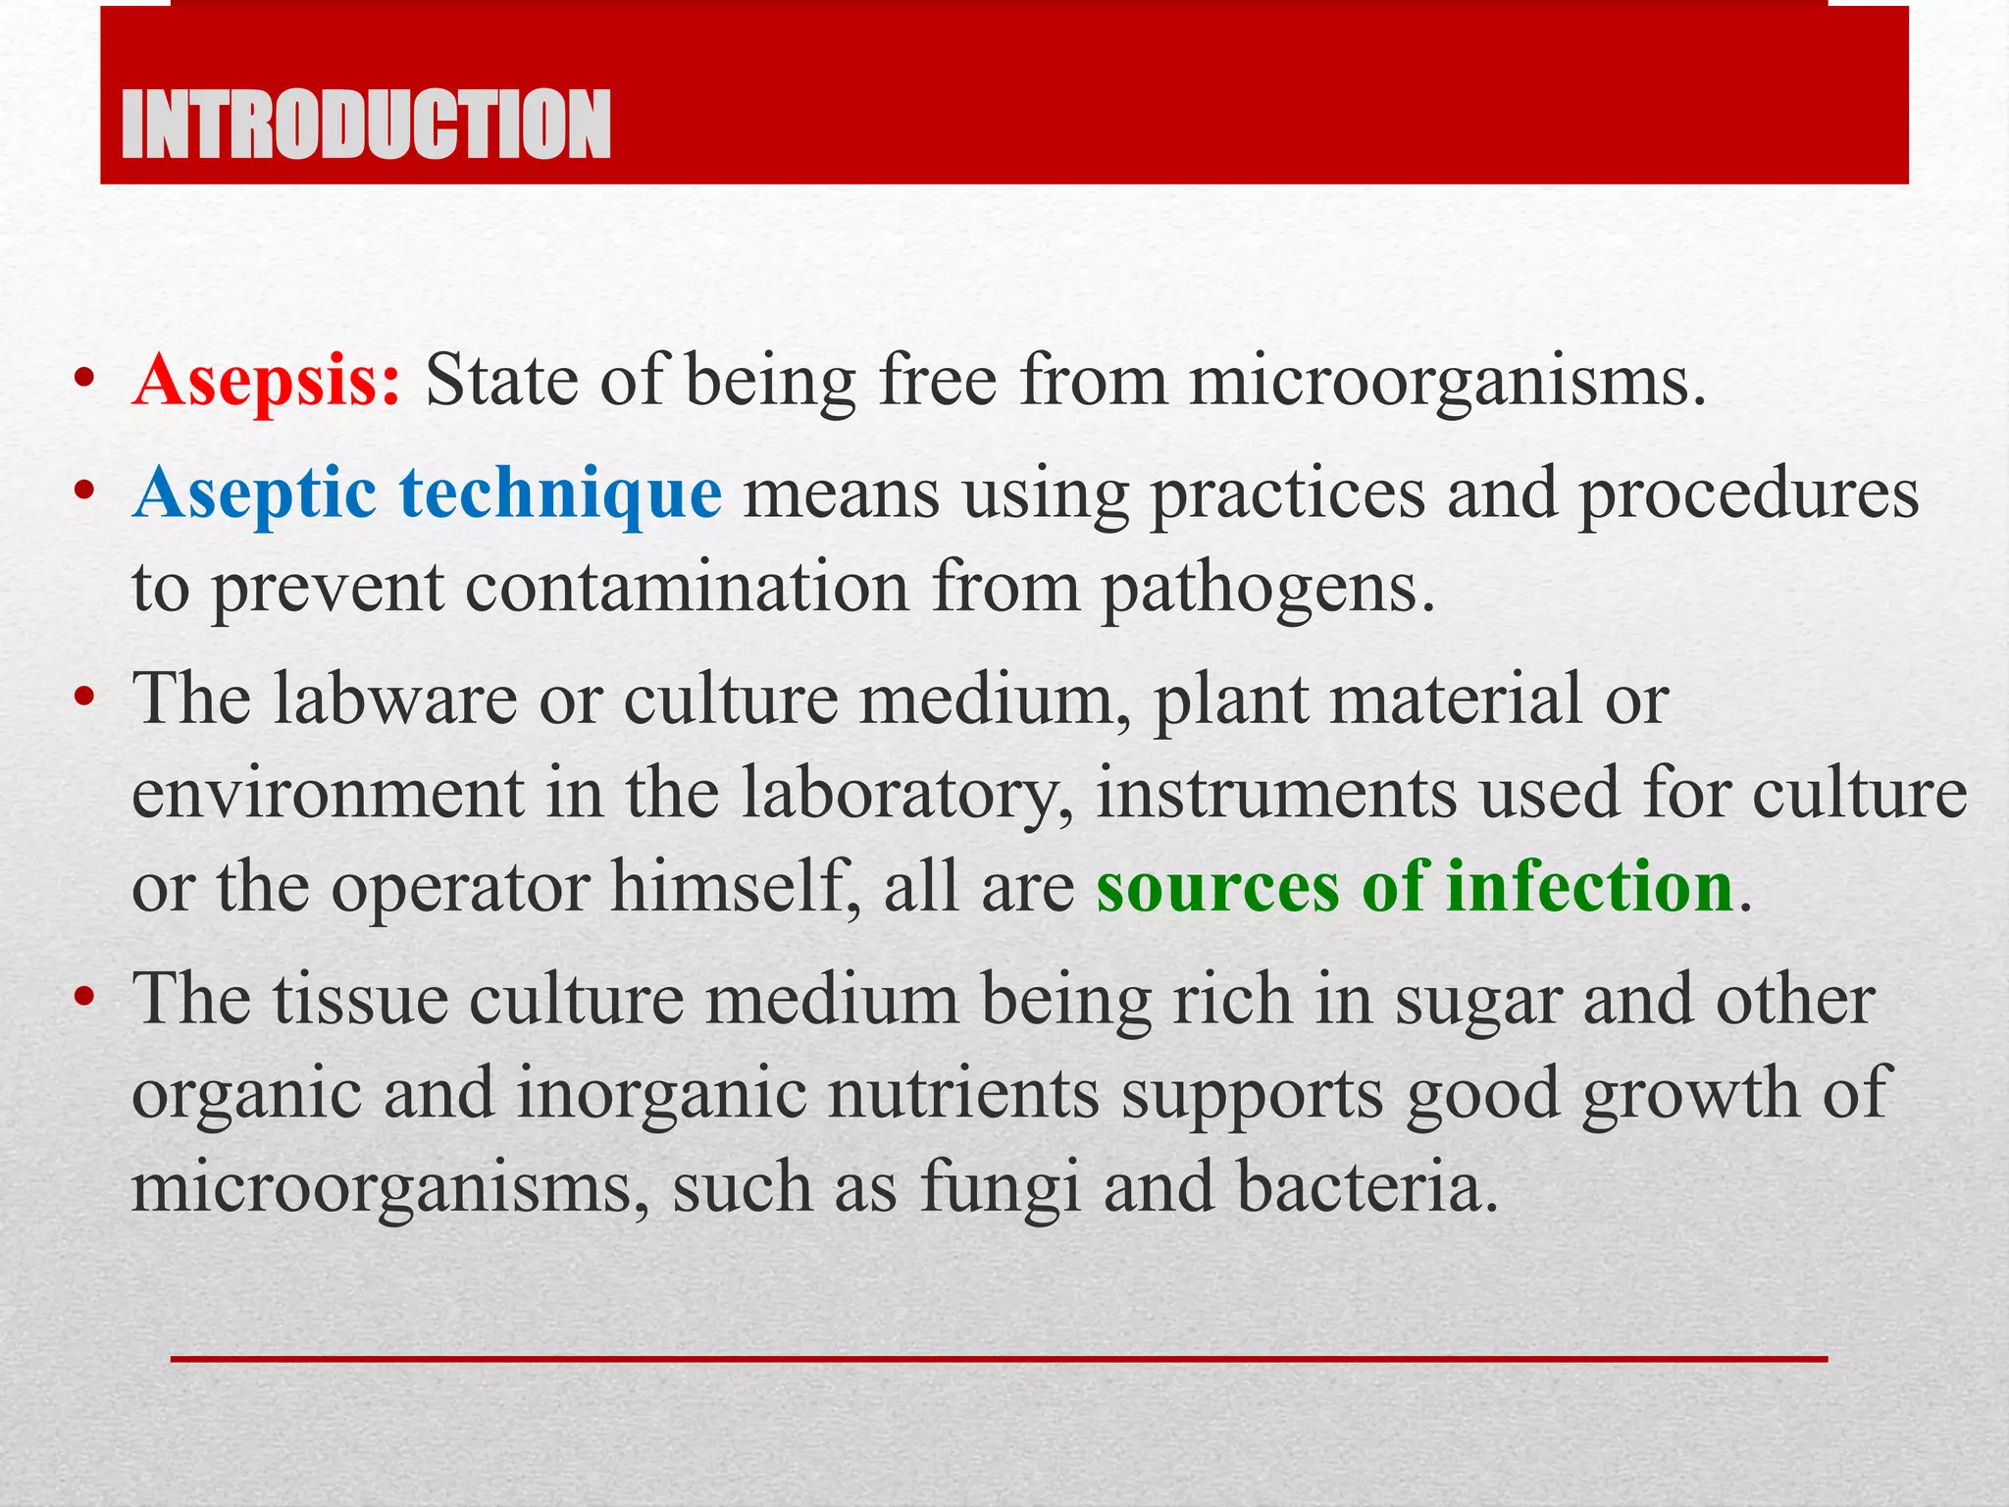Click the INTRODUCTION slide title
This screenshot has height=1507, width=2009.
(x=365, y=124)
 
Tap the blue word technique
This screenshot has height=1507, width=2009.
(x=560, y=494)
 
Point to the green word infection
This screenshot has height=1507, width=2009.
(x=1589, y=887)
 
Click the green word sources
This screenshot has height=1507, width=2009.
(x=1217, y=887)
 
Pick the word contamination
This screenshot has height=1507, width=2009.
(x=687, y=587)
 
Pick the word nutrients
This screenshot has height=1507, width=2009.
(x=962, y=1095)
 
